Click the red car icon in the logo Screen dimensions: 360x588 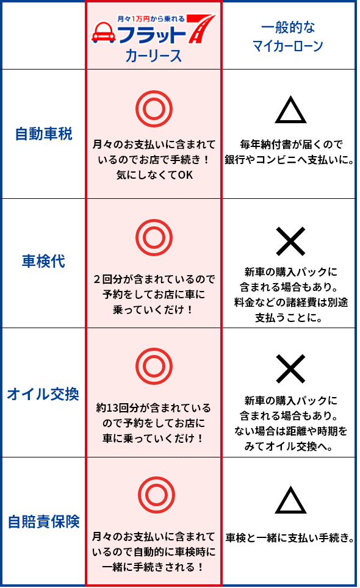(x=104, y=32)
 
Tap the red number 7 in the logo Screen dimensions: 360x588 (x=201, y=28)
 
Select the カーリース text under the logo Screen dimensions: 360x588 (x=154, y=56)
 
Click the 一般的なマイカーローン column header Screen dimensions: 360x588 (x=288, y=37)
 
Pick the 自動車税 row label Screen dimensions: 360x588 (x=43, y=134)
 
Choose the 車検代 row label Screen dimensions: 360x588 (x=43, y=262)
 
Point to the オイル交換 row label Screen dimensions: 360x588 (x=43, y=394)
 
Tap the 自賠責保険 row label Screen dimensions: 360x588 (x=44, y=522)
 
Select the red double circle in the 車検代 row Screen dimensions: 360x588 (x=154, y=220)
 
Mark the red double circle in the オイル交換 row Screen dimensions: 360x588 (x=154, y=348)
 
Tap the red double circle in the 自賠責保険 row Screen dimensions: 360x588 (x=156, y=478)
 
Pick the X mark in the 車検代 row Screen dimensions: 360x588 (x=290, y=241)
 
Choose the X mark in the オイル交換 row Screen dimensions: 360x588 (x=290, y=369)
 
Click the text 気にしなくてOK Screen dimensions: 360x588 (x=154, y=175)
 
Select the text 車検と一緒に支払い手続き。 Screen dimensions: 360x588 (x=289, y=538)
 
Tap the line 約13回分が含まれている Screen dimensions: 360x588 (x=153, y=407)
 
